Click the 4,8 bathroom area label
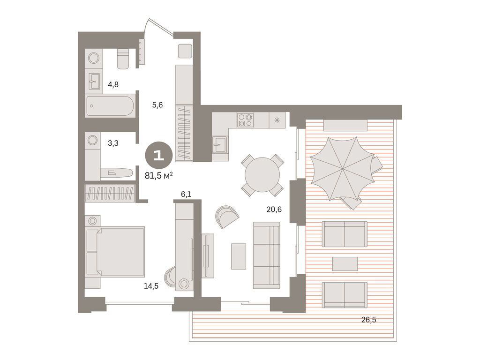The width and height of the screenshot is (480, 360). pos(113,85)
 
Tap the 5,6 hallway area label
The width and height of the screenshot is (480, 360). pos(157,105)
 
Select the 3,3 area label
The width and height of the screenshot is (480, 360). pos(113,143)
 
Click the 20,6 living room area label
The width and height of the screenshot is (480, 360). pos(274,210)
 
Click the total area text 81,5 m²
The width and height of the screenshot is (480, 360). pos(159,175)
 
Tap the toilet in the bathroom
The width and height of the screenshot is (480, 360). pos(123,59)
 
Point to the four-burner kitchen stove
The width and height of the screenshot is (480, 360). pos(245,120)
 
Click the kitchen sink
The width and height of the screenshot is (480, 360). pos(219,144)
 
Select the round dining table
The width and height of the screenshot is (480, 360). pos(262,175)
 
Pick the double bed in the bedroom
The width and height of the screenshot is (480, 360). pos(119,252)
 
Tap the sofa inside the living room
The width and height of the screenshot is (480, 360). pos(266,255)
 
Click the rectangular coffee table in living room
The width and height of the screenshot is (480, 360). pos(239,256)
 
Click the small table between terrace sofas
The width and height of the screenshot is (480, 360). pos(345,263)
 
